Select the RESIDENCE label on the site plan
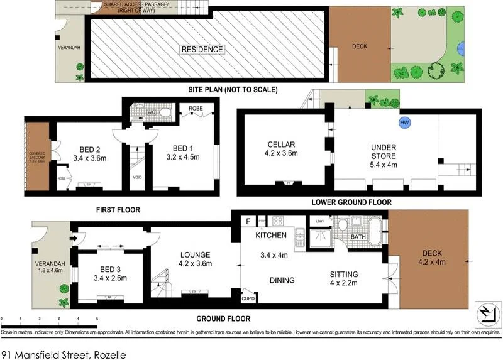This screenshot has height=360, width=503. [x=202, y=49]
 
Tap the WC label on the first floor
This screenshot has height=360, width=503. [x=151, y=112]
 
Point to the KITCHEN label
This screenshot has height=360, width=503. [x=270, y=236]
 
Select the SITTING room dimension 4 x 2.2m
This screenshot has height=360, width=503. [x=344, y=284]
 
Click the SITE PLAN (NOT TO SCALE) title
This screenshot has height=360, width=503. [x=233, y=90]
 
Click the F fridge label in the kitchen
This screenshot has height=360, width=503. [x=248, y=221]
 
